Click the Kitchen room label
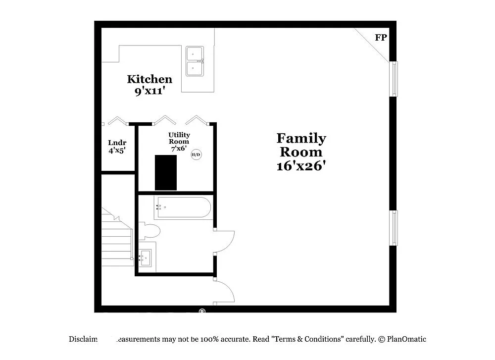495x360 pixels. (x=149, y=79)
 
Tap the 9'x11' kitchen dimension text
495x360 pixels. (x=149, y=91)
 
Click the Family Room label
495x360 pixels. (x=301, y=145)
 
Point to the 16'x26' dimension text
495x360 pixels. (x=301, y=166)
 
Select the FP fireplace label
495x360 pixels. (x=381, y=38)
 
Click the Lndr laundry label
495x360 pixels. (x=117, y=143)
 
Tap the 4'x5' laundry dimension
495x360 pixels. (x=117, y=151)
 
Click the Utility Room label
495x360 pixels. (x=179, y=138)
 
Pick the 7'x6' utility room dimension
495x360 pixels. (x=179, y=148)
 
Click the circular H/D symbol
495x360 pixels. (x=196, y=155)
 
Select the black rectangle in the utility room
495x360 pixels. (x=166, y=172)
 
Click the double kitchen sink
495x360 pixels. (x=195, y=61)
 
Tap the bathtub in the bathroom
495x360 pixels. (x=183, y=208)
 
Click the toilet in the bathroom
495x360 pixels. (x=149, y=231)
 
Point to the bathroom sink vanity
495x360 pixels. (x=146, y=257)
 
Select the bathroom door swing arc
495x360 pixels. (x=226, y=242)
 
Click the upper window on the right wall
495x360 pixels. (x=394, y=79)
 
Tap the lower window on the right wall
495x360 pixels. (x=394, y=228)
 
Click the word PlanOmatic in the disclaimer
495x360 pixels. (x=406, y=339)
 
